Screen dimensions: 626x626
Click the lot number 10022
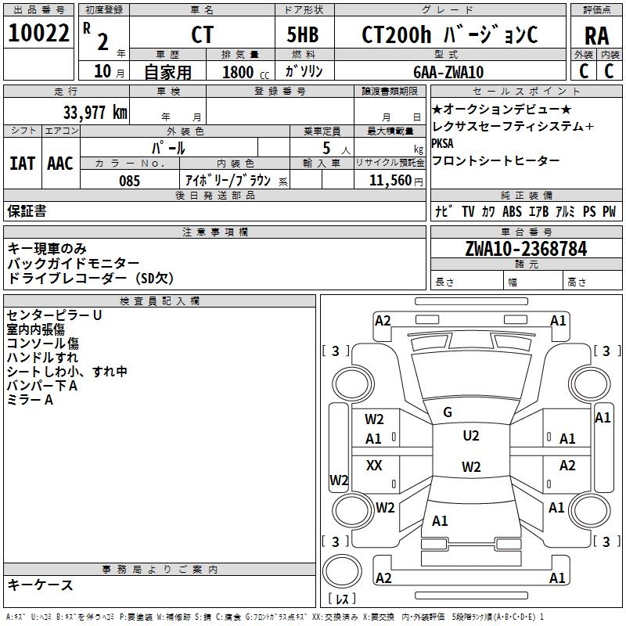point(38,33)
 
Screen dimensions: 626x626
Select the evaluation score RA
point(597,36)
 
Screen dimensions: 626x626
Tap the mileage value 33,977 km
point(95,113)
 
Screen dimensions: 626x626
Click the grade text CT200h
point(396,34)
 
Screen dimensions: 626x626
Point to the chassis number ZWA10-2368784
point(526,249)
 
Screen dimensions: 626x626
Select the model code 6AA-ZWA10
point(448,72)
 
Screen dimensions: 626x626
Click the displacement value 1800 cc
point(246,72)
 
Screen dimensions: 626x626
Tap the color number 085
point(129,181)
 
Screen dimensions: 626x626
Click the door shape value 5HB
point(303,34)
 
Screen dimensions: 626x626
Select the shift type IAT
point(23,164)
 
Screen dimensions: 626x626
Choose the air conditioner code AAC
point(60,164)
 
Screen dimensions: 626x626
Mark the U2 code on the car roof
point(471,436)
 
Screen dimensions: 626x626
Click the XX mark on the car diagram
point(374,465)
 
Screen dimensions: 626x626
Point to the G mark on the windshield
point(448,412)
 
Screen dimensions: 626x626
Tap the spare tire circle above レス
point(342,571)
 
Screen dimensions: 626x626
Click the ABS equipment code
point(512,211)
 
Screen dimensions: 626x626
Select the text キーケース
point(40,585)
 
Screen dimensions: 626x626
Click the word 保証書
point(27,211)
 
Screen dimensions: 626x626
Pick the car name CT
point(202,34)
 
